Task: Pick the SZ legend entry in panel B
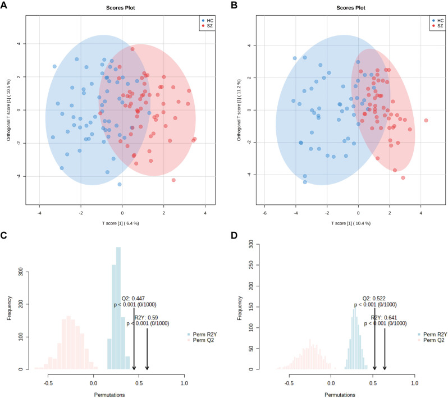[x=435, y=26]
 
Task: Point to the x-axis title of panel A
[x=122, y=223]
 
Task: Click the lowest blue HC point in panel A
[x=119, y=184]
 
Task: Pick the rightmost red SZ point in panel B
[x=426, y=121]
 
